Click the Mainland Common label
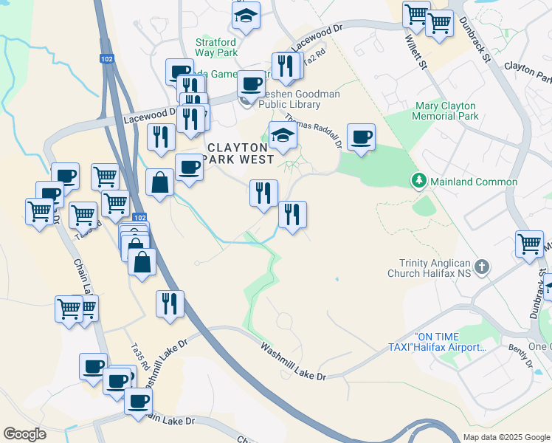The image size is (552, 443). tap(475, 182)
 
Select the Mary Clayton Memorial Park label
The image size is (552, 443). tap(446, 111)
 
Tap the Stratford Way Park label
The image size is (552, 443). tap(216, 48)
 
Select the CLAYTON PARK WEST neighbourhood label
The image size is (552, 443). tap(240, 153)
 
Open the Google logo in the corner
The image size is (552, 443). tap(24, 433)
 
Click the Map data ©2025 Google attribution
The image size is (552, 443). tap(506, 437)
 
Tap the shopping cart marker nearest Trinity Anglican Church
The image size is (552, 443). tap(530, 244)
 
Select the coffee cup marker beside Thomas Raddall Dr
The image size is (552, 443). tap(360, 137)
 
